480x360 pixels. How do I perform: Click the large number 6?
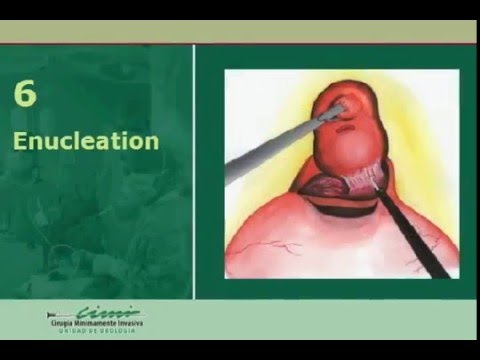[x=24, y=96]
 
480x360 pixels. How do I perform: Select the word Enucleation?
[x=86, y=140]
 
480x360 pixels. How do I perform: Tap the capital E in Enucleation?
[x=20, y=140]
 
